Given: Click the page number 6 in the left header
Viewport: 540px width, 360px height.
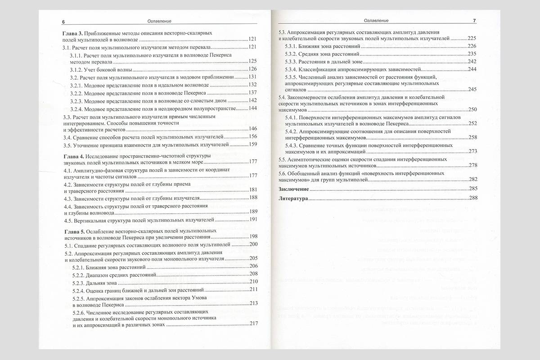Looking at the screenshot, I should coord(63,21).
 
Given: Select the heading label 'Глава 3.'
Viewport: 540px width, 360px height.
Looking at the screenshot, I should coord(72,33).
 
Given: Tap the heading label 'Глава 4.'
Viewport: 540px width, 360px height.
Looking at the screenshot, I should coord(72,155).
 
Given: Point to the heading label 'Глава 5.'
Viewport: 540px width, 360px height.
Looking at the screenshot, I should coord(72,230).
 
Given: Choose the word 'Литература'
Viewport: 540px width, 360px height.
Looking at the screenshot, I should coord(293,198).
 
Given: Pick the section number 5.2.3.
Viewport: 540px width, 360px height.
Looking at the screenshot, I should coord(79,283).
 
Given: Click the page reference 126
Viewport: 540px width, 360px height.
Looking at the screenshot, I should coord(252,69).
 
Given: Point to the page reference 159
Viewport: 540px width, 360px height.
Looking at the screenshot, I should coord(252,145).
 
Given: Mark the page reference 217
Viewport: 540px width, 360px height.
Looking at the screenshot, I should coord(253,324).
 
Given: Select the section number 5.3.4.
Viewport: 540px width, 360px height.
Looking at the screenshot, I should coord(293,69).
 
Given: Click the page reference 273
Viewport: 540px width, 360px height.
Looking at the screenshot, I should coord(472,151).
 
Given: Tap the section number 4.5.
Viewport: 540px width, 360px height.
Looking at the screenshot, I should coord(68,220).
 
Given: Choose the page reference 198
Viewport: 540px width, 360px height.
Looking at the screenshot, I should coord(252,237).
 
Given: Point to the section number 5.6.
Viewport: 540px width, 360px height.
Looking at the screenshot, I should coord(283,173).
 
